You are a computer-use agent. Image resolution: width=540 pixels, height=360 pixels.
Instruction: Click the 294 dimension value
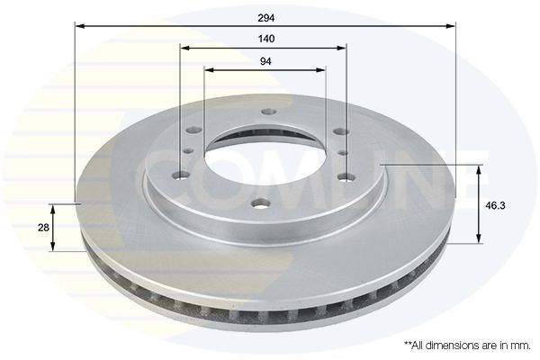click(x=265, y=16)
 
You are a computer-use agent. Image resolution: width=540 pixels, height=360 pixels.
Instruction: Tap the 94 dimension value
click(x=265, y=60)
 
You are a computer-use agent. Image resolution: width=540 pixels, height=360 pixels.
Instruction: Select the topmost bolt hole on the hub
click(x=267, y=112)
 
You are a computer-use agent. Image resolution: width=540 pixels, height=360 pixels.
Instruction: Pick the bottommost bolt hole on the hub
click(x=259, y=202)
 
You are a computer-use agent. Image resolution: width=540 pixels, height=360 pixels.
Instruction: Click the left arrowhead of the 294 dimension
click(x=77, y=26)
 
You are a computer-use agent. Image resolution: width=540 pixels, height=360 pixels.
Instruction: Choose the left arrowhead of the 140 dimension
click(x=183, y=49)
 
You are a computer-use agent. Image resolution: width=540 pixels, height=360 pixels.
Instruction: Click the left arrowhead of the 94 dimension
click(x=208, y=70)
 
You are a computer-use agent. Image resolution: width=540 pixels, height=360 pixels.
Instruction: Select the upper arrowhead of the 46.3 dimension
click(x=478, y=169)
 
